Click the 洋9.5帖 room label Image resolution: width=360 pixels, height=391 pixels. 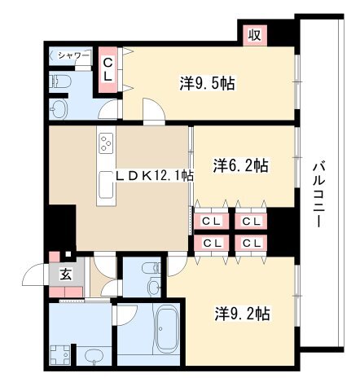pyautogui.click(x=207, y=83)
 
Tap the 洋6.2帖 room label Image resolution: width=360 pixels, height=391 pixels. pyautogui.click(x=241, y=165)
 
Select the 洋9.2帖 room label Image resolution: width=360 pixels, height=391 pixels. pyautogui.click(x=243, y=314)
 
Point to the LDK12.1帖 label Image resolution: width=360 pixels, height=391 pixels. pyautogui.click(x=155, y=176)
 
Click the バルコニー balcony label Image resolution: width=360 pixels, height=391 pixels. pyautogui.click(x=318, y=195)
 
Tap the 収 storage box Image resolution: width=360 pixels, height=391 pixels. pyautogui.click(x=255, y=35)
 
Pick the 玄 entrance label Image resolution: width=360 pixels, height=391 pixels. pyautogui.click(x=66, y=275)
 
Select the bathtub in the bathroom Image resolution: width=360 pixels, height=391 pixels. pyautogui.click(x=167, y=329)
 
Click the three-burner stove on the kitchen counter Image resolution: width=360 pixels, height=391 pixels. pyautogui.click(x=107, y=143)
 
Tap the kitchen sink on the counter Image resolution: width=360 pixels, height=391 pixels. pyautogui.click(x=106, y=185)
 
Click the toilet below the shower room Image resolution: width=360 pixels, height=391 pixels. pyautogui.click(x=61, y=81)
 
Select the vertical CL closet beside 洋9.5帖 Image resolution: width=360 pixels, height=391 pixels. pyautogui.click(x=108, y=70)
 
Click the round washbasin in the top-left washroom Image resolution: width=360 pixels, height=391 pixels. pyautogui.click(x=59, y=109)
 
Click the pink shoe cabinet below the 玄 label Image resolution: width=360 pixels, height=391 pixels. pyautogui.click(x=66, y=292)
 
